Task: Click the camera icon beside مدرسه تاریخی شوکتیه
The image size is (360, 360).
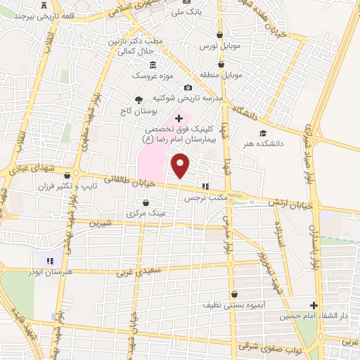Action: coord(188,87)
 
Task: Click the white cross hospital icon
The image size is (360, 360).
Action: coord(179,117)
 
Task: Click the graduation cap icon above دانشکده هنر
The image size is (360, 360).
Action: coord(263,133)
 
